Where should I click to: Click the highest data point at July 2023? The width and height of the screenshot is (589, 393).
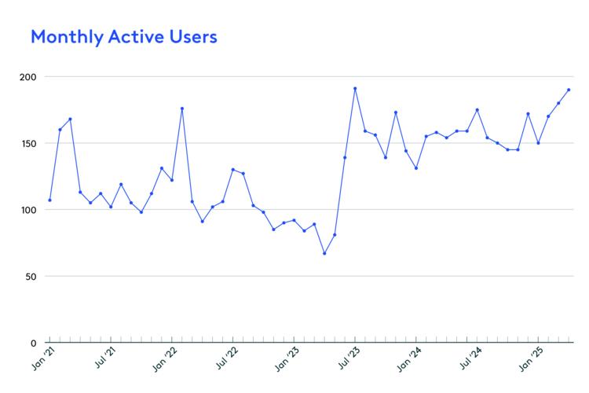click(x=355, y=89)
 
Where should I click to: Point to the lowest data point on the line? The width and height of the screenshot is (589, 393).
click(x=324, y=253)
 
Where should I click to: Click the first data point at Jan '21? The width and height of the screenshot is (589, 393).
click(x=49, y=200)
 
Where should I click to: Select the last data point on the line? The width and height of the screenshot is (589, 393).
click(x=569, y=90)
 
